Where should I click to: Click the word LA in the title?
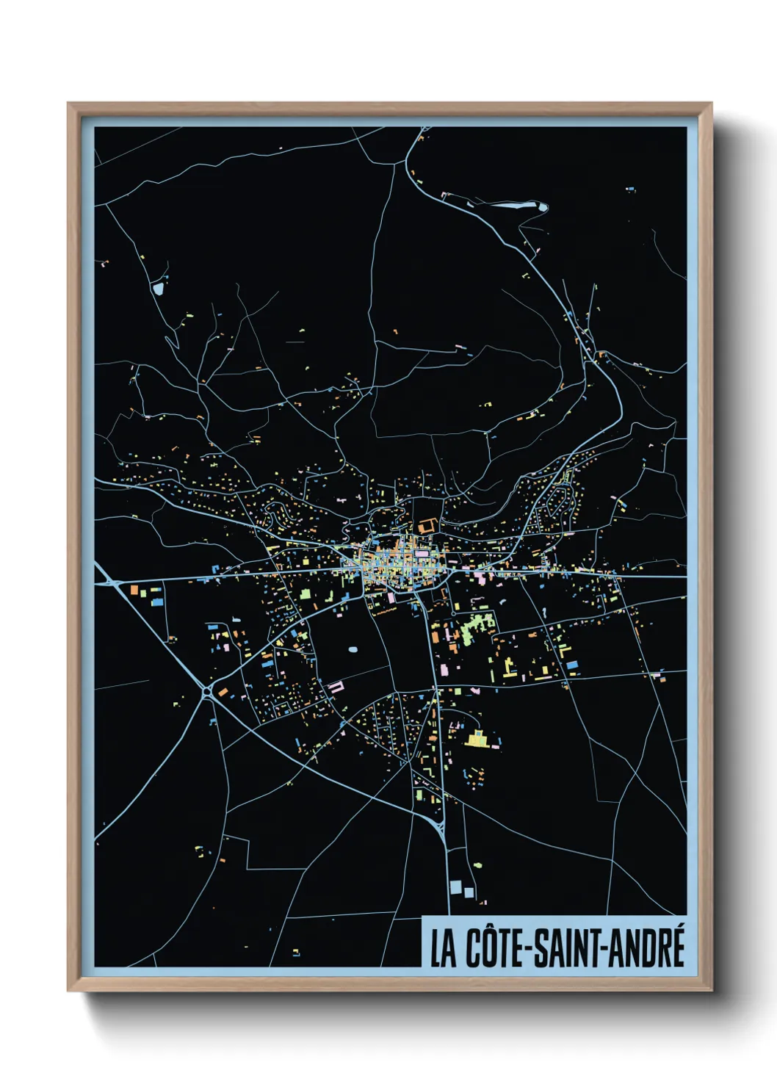(x=443, y=949)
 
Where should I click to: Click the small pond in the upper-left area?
(x=158, y=288)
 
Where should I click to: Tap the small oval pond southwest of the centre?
(x=353, y=649)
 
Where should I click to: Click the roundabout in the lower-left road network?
(x=206, y=691)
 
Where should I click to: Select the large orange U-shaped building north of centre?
(x=427, y=526)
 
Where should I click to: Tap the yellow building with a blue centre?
(x=477, y=738)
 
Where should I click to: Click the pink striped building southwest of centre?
(x=336, y=687)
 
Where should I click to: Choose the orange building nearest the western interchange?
(x=134, y=589)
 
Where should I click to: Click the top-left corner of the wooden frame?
(x=69, y=104)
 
